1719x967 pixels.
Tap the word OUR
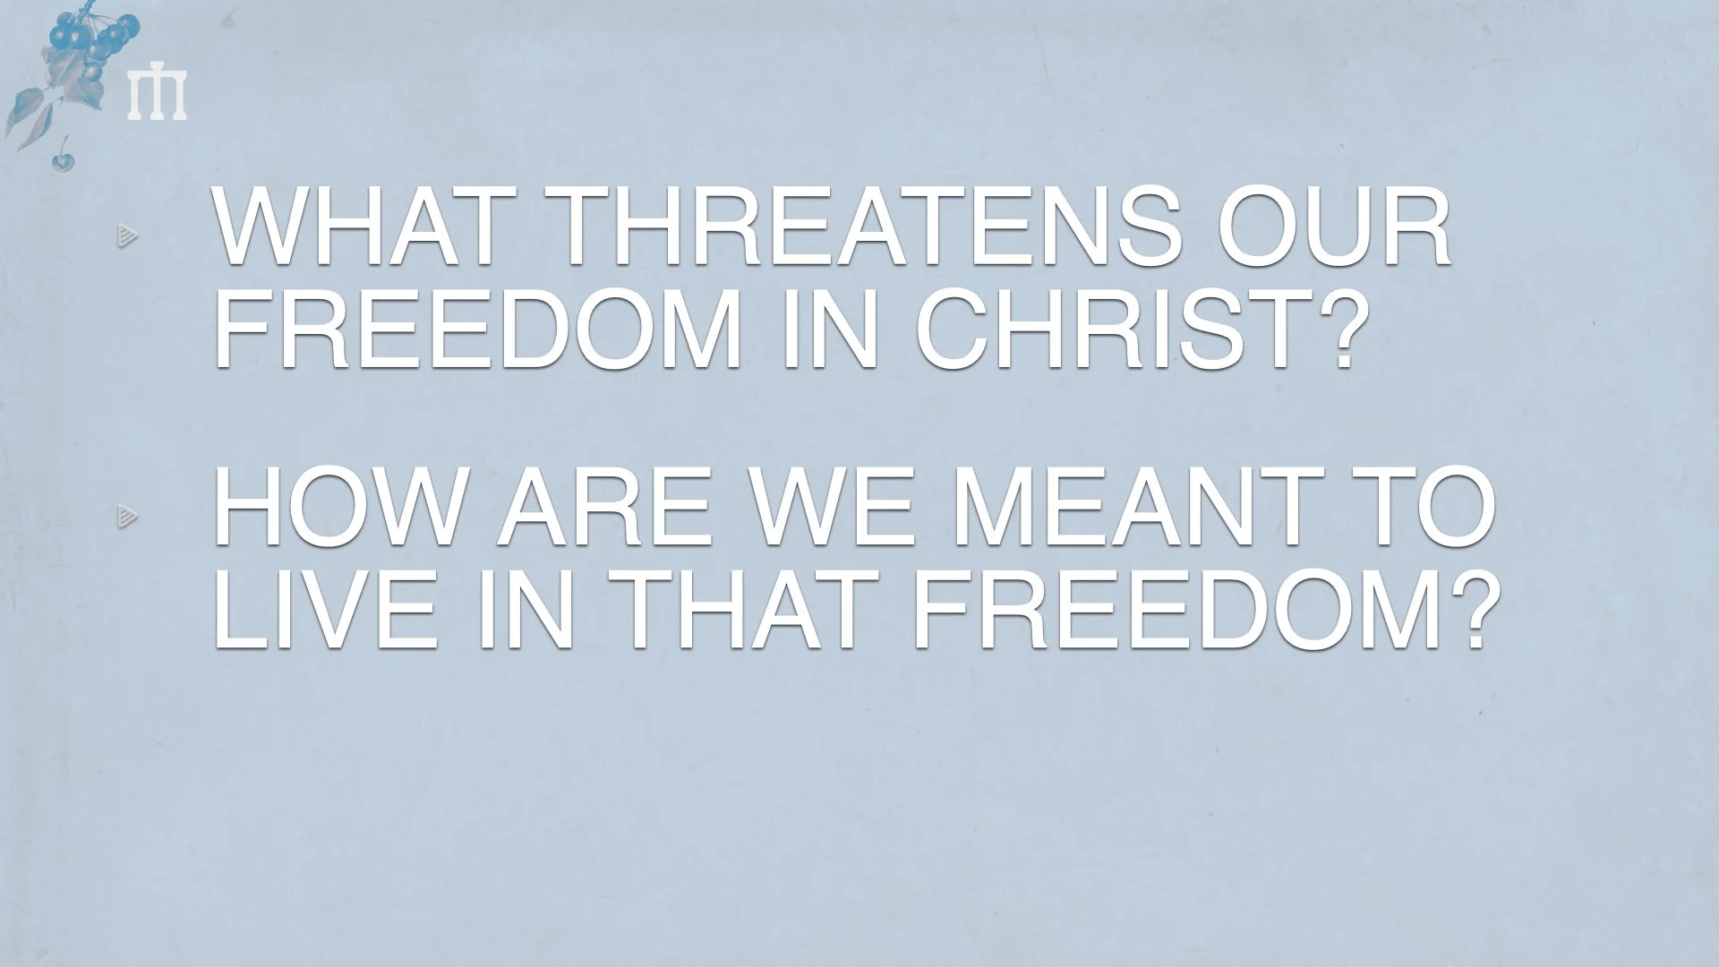1333,229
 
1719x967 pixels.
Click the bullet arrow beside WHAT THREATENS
127,236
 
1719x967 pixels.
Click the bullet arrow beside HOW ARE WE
127,516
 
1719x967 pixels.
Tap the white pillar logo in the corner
157,95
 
